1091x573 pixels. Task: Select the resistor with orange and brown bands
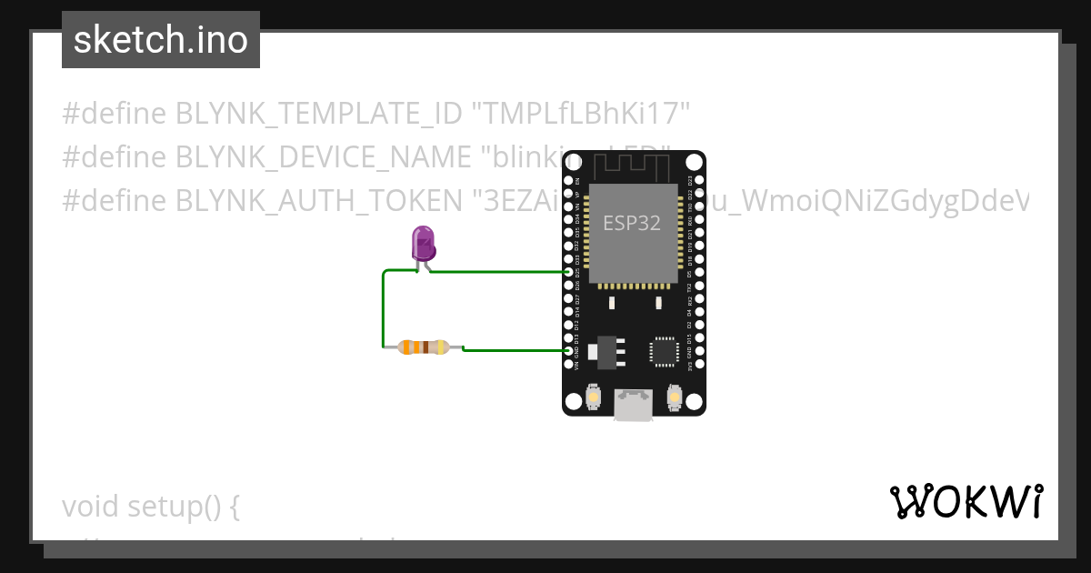(x=424, y=347)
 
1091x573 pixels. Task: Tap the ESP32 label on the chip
(x=632, y=223)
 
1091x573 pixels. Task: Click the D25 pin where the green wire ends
(x=569, y=272)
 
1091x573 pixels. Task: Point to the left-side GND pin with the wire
(x=569, y=351)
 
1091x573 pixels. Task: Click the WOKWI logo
(x=966, y=501)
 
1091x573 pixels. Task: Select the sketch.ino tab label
(x=161, y=40)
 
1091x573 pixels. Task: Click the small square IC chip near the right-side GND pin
(x=664, y=351)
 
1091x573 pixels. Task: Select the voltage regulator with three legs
(x=606, y=351)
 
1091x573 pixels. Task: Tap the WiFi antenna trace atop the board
(x=633, y=166)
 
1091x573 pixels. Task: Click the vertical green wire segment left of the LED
(x=383, y=309)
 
